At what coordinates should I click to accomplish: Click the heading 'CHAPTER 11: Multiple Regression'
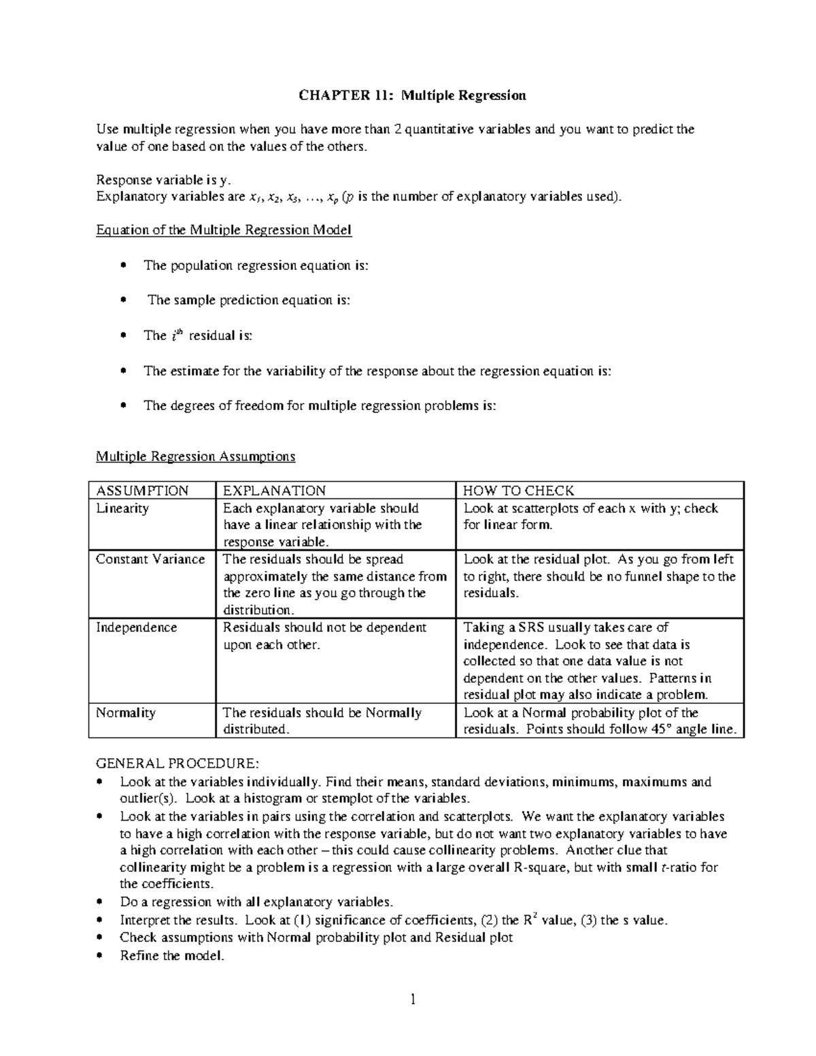[412, 95]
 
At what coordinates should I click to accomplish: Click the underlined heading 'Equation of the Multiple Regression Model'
[224, 230]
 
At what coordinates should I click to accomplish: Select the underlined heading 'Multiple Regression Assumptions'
[195, 456]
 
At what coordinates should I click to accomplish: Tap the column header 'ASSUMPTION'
[142, 491]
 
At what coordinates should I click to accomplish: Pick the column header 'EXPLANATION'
[274, 491]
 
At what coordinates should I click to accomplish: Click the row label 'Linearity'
[122, 509]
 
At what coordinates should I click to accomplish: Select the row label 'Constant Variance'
[150, 560]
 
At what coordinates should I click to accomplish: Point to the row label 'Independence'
[136, 628]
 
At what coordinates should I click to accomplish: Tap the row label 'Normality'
[126, 713]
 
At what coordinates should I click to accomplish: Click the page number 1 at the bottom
[412, 1000]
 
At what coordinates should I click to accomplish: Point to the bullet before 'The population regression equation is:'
[123, 265]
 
